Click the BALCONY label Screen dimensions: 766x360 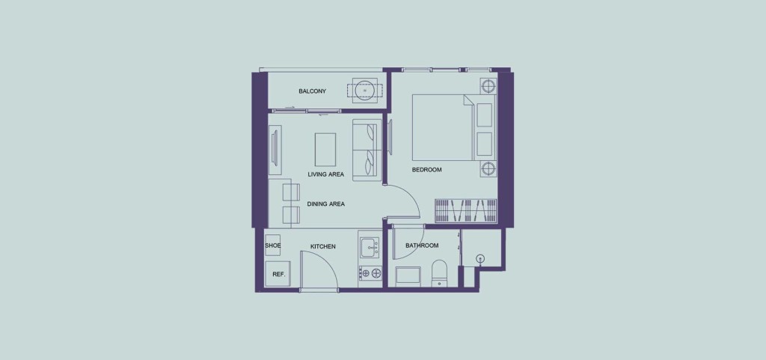coord(312,91)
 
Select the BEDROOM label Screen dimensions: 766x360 coord(426,170)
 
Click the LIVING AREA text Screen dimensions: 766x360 coord(326,174)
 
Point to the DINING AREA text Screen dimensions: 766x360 coord(326,204)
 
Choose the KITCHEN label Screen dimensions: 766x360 coord(323,247)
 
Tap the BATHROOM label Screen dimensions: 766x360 coord(422,245)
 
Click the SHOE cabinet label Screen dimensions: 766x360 coord(272,245)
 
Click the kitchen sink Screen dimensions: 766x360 coord(370,247)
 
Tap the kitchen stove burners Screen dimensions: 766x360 coord(370,273)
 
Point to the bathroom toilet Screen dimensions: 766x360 coord(439,272)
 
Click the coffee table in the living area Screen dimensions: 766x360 coord(325,150)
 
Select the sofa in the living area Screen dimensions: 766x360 coord(367,151)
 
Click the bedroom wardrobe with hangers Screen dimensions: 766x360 coord(465,210)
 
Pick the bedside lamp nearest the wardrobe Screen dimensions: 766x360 coord(488,169)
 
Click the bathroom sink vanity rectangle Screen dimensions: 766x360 coord(408,275)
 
